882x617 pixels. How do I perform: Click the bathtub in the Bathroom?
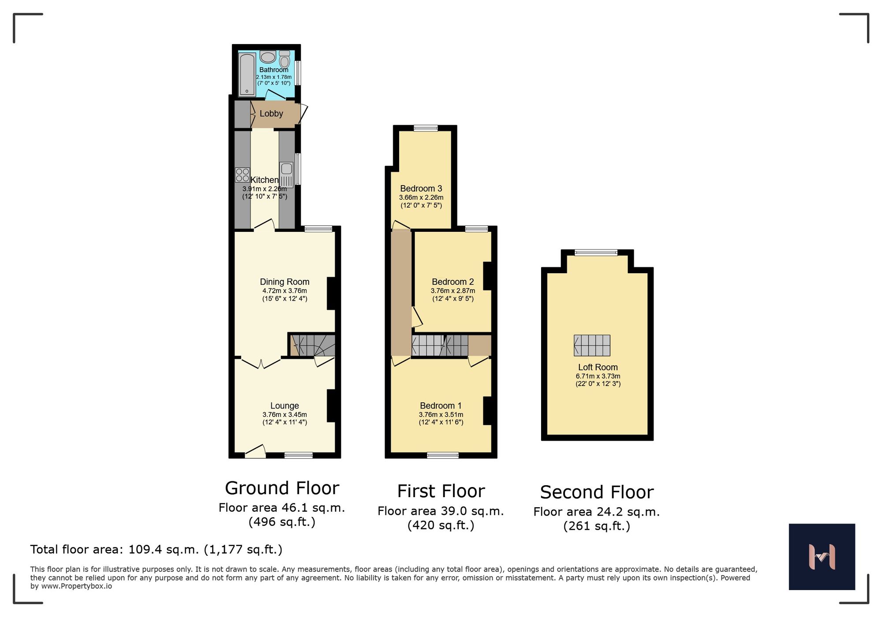[x=247, y=75]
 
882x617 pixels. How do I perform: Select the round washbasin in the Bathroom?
[x=268, y=57]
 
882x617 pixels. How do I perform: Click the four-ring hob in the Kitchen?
[x=242, y=175]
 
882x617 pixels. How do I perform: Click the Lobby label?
[x=271, y=114]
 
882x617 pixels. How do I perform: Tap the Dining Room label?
[x=284, y=282]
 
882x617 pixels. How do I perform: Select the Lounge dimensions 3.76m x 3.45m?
[x=284, y=415]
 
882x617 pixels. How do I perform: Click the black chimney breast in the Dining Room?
[x=331, y=293]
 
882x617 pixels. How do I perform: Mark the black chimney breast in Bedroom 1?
[x=487, y=411]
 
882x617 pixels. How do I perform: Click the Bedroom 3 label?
[x=421, y=189]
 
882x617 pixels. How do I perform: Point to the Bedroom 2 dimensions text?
[x=453, y=291]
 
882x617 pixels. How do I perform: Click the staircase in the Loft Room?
[x=592, y=346]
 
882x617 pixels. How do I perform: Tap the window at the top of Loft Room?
[x=596, y=253]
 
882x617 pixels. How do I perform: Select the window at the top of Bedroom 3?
[x=426, y=128]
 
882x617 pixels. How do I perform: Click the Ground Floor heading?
[x=282, y=488]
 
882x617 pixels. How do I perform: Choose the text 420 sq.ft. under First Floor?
[x=441, y=525]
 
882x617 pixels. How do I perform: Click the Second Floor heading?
[x=597, y=492]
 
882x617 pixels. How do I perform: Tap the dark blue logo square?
[x=822, y=557]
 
